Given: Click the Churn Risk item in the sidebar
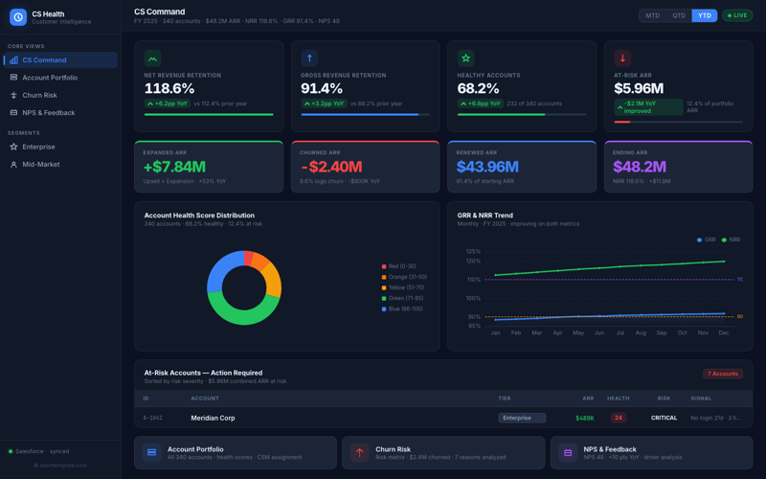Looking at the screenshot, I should [x=39, y=95].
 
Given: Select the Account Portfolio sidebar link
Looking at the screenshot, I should [x=50, y=78].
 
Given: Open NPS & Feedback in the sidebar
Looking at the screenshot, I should [x=48, y=112].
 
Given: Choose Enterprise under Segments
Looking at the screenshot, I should [x=38, y=147].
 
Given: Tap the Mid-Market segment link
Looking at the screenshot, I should [x=40, y=164].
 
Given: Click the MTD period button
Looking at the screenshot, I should [x=652, y=15].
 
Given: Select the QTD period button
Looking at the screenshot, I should [x=679, y=15].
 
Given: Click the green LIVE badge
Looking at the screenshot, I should [x=737, y=15].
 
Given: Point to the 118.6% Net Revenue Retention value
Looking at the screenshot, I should [x=169, y=88].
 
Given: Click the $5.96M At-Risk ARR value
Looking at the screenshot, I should [x=639, y=88].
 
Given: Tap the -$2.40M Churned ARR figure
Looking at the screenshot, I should [x=330, y=167].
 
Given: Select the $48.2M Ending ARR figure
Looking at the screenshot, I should [x=639, y=167].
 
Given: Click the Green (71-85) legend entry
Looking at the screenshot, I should [x=406, y=298].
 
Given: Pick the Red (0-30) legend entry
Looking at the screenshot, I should [x=401, y=266].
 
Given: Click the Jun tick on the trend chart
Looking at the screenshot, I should [x=599, y=332].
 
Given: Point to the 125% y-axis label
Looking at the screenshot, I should [x=473, y=251].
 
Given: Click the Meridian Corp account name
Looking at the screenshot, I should [x=213, y=418].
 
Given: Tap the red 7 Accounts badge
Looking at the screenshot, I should [x=723, y=374].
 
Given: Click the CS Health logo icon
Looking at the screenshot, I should [x=18, y=17].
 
